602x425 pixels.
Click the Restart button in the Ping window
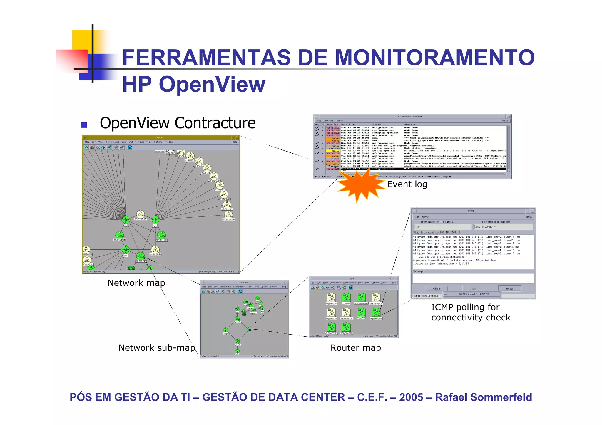pyautogui.click(x=510, y=288)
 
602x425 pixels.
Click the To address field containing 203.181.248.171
pyautogui.click(x=503, y=227)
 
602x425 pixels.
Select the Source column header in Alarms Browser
pyautogui.click(x=376, y=124)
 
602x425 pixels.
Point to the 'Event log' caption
pyautogui.click(x=407, y=184)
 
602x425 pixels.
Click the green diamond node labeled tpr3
pyautogui.click(x=155, y=220)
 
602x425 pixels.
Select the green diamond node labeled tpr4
pyautogui.click(x=126, y=249)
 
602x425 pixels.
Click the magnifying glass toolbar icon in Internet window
pyautogui.click(x=116, y=147)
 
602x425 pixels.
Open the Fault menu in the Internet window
pyautogui.click(x=141, y=142)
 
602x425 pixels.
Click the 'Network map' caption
pyautogui.click(x=136, y=283)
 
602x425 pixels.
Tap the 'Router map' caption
pyautogui.click(x=355, y=348)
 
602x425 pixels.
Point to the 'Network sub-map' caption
pyautogui.click(x=157, y=348)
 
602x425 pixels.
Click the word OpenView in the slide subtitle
pyautogui.click(x=212, y=85)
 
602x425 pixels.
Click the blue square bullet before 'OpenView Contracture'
pyautogui.click(x=84, y=125)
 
